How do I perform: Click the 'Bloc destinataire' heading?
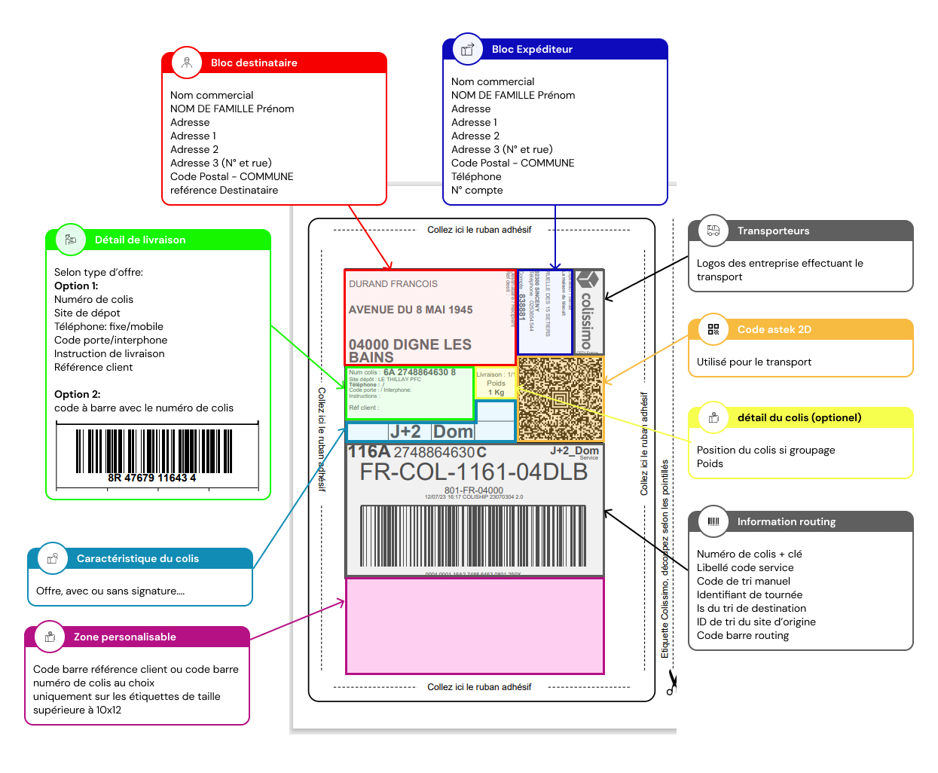[254, 63]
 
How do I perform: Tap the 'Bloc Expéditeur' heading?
[532, 49]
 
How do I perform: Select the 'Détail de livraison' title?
[140, 240]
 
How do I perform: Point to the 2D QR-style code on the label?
[561, 399]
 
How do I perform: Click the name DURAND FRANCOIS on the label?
[393, 284]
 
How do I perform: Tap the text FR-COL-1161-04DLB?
[473, 472]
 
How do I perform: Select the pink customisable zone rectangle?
[475, 625]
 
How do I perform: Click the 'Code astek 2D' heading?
[774, 329]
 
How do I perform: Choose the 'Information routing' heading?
[786, 521]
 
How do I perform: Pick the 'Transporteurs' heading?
[773, 231]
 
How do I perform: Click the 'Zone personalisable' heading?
[125, 637]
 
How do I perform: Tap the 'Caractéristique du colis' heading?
[138, 558]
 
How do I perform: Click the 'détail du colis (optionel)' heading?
[799, 417]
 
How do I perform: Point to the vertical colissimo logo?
[587, 312]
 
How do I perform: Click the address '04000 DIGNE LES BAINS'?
[410, 350]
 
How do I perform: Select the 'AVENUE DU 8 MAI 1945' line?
[411, 310]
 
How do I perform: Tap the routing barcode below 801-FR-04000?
[473, 536]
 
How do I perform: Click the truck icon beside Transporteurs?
[713, 231]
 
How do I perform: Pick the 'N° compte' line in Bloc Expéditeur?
[477, 190]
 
